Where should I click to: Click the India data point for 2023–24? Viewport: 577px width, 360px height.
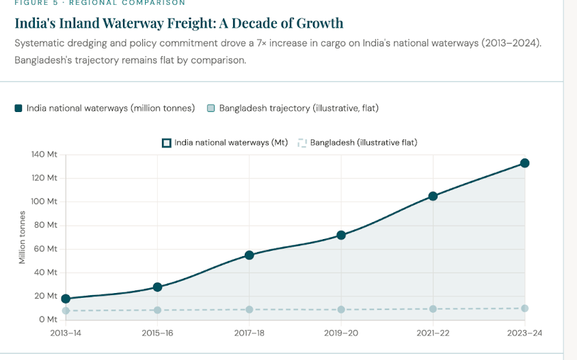[524, 163]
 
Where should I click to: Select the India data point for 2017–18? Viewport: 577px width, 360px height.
[250, 255]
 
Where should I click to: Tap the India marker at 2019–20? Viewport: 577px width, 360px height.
[341, 236]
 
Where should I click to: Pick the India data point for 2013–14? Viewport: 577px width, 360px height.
[66, 299]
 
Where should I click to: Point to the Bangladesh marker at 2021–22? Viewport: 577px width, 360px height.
[433, 309]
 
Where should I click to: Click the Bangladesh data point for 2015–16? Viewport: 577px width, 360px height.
[157, 310]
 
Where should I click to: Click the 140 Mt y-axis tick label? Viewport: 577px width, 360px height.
[44, 154]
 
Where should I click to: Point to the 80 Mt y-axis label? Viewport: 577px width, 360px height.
[46, 225]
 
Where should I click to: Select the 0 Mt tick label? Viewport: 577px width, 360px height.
[48, 320]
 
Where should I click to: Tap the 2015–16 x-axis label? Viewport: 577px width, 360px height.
[157, 333]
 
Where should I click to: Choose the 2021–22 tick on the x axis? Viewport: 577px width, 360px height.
[433, 333]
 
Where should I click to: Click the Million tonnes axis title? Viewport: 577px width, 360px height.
[22, 237]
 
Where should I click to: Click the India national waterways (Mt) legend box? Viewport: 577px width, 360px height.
[166, 143]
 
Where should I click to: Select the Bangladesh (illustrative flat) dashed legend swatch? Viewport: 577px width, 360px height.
[301, 143]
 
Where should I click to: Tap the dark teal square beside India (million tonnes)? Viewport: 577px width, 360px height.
[18, 108]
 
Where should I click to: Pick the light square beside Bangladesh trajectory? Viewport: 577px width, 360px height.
[211, 108]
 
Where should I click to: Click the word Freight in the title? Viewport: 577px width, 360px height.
[191, 23]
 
